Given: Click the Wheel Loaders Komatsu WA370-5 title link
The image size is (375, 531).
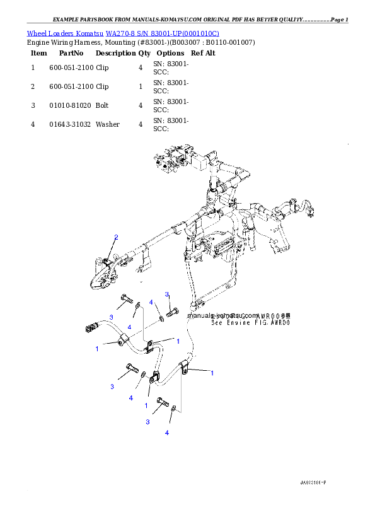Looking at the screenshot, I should [x=123, y=33].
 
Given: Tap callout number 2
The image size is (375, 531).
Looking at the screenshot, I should [x=116, y=237].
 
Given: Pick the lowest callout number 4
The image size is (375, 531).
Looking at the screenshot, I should [x=167, y=433].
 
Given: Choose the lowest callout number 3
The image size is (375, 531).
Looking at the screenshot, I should [x=147, y=421].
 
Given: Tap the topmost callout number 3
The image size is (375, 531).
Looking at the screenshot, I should [x=167, y=295].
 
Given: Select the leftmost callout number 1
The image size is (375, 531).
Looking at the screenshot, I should [x=97, y=348].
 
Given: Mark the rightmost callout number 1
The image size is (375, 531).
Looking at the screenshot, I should [x=212, y=373].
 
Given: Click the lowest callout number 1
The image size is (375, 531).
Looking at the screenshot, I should [x=146, y=405].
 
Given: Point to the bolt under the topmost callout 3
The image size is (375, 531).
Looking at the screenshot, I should [x=173, y=310].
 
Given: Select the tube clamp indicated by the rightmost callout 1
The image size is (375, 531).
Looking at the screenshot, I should [x=185, y=367].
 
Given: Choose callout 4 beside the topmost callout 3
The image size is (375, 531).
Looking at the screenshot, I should [x=152, y=303].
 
